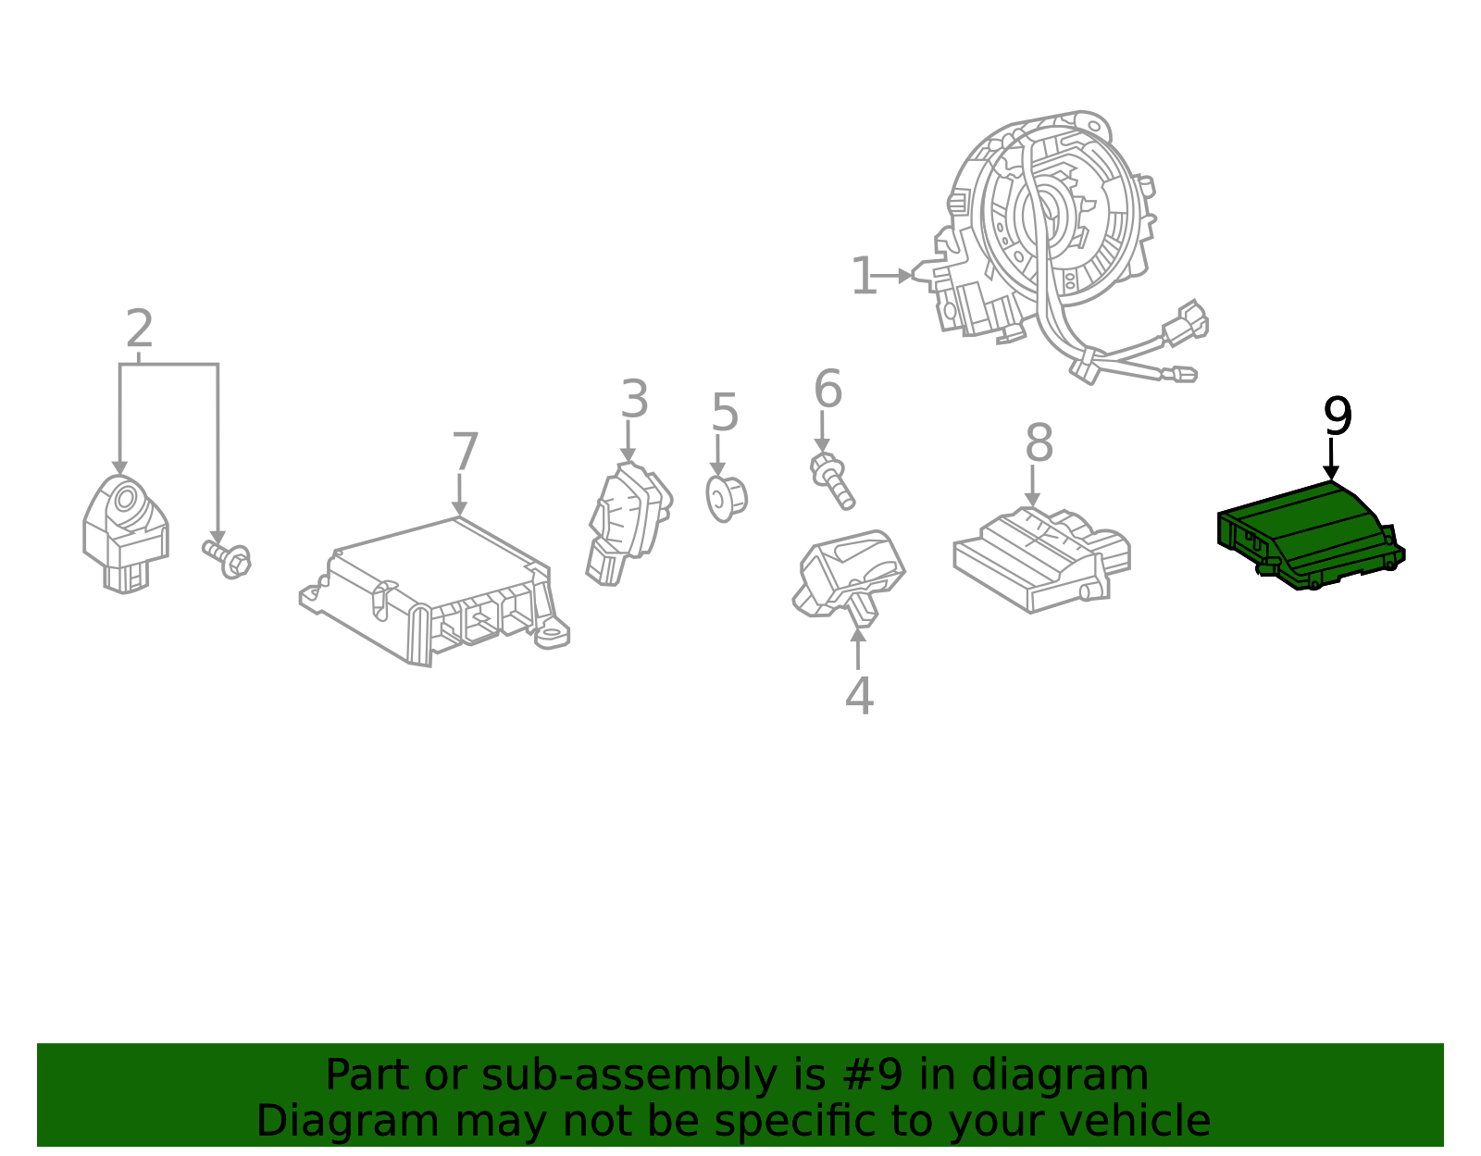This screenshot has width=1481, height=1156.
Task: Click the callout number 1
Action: pos(863,277)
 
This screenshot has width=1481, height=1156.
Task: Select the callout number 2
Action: pos(139,329)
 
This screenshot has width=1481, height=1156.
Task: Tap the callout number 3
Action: pos(634,400)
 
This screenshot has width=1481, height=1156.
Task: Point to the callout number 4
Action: pos(859,696)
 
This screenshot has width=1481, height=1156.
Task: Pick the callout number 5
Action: pos(725,413)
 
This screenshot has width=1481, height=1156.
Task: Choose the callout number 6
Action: pos(828,389)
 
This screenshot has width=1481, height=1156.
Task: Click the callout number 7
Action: pos(465,453)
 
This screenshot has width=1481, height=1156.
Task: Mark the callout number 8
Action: pos(1039,443)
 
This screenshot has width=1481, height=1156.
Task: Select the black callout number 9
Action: pos(1338,416)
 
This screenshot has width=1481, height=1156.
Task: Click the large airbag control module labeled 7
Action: pos(435,588)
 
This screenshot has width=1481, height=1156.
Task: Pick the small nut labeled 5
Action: pos(726,498)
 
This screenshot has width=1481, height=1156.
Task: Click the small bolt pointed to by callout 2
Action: pos(228,558)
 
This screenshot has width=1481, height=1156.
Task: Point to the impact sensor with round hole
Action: pos(125,532)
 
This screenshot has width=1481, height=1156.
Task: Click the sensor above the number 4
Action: pos(847,574)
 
